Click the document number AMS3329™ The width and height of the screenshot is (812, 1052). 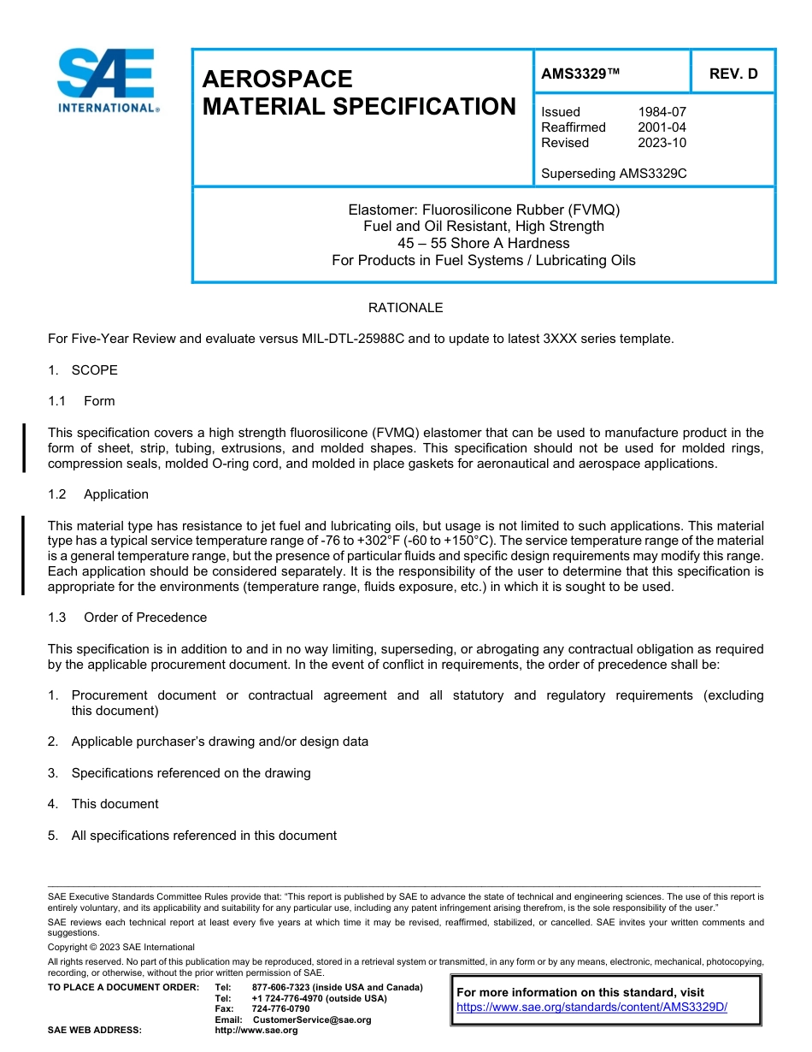point(580,74)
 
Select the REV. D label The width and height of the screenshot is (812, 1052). point(733,74)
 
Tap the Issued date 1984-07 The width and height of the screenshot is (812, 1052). point(662,112)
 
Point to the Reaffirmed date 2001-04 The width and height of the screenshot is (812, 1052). point(662,127)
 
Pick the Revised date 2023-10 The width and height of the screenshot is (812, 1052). point(662,143)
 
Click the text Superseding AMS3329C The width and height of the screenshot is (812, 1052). point(614,174)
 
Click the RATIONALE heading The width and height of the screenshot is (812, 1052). point(405,308)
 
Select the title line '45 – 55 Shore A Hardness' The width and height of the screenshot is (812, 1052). point(484,244)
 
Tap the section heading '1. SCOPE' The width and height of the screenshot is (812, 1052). point(83,370)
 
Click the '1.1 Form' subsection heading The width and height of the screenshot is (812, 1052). point(81,401)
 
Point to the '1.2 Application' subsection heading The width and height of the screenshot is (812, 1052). point(98,494)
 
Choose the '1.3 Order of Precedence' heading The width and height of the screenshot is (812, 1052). point(127,618)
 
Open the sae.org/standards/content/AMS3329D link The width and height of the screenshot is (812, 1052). point(591,1007)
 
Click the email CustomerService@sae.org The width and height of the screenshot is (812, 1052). point(312,1019)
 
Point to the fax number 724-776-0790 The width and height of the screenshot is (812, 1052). point(281,1009)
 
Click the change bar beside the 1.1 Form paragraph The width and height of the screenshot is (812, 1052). point(24,447)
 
